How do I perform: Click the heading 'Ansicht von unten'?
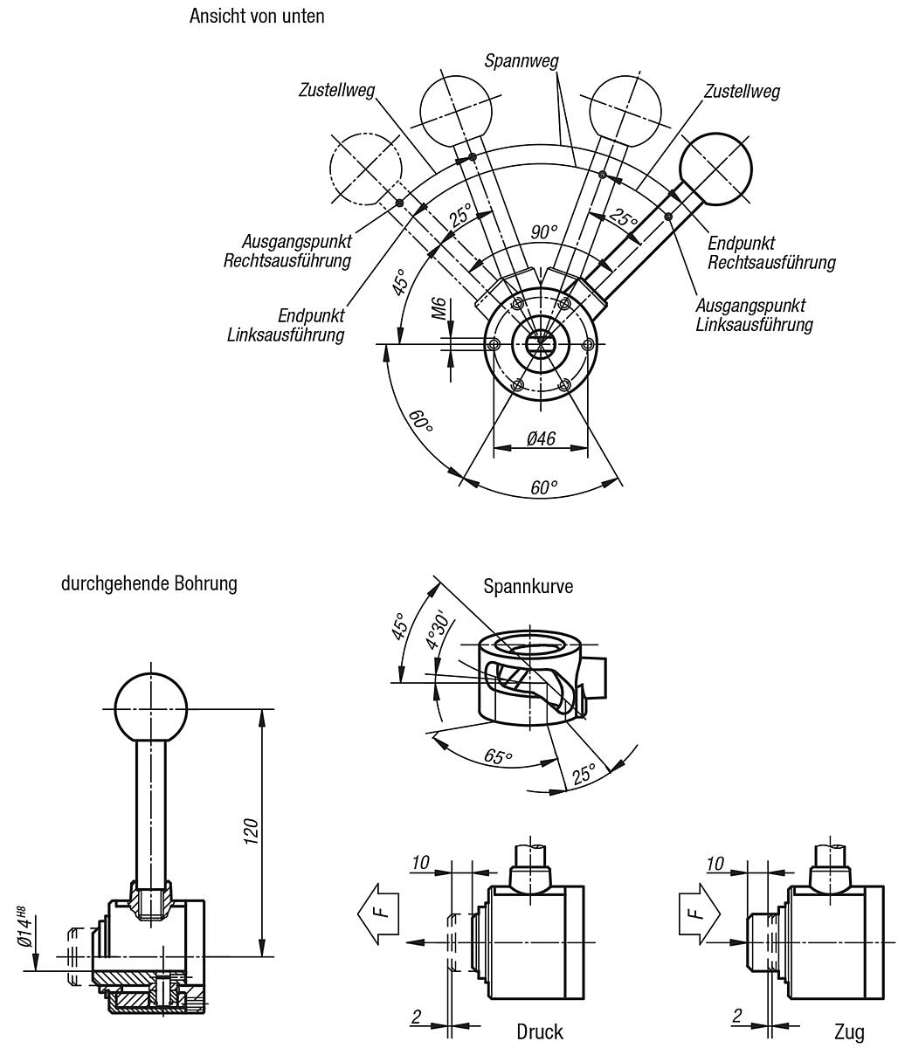[257, 17]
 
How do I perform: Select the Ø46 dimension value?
[542, 438]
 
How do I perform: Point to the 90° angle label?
[543, 231]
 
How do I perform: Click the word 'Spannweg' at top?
[522, 61]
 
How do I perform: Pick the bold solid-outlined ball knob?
[715, 169]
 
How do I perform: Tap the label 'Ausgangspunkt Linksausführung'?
[754, 314]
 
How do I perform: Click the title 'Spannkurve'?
[528, 586]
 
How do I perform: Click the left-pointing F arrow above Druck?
[378, 913]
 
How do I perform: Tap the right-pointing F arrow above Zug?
[699, 913]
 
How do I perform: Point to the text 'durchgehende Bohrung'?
[149, 583]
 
